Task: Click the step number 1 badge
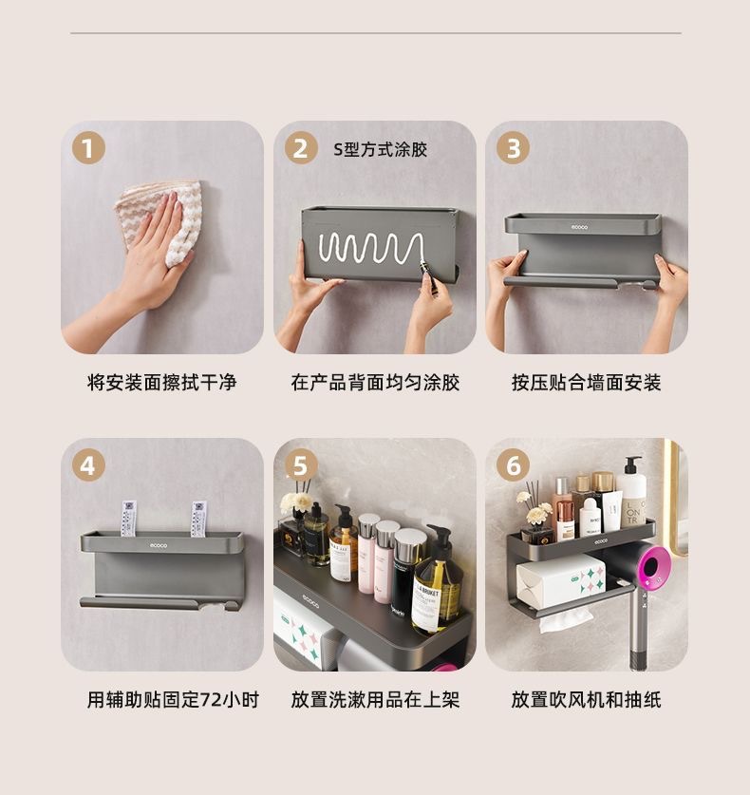coord(88,148)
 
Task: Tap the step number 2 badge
coord(301,148)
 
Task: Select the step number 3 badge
coord(513,148)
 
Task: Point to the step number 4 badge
coord(88,464)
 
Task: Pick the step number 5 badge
coord(301,464)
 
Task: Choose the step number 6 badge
coord(513,464)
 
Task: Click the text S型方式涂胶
coord(380,149)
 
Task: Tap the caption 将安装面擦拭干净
coord(161,382)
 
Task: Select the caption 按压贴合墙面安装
coord(587,382)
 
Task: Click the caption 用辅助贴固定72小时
coord(173,700)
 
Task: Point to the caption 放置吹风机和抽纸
coord(587,700)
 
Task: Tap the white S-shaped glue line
coord(371,249)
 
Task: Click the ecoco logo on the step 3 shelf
coord(580,227)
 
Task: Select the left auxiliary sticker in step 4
coord(128,519)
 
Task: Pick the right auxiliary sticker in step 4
coord(198,520)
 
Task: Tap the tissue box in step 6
coord(561,579)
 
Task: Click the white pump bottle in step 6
coord(632,491)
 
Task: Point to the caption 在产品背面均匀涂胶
coord(375,382)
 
